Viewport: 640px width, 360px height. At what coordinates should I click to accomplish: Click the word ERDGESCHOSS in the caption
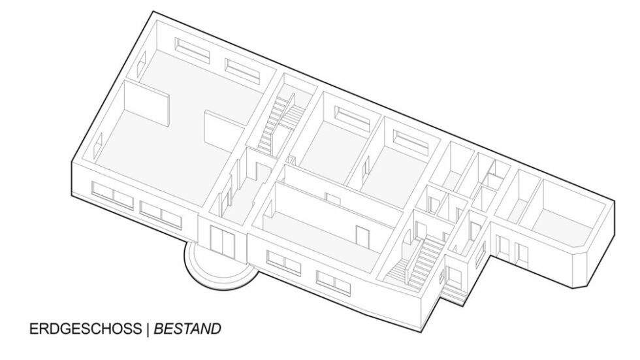(x=86, y=329)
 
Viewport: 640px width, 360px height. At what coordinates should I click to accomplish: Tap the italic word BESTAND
(x=187, y=329)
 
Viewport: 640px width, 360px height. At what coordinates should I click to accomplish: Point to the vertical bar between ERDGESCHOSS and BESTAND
(x=148, y=329)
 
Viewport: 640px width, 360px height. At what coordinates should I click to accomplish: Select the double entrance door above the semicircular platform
(x=223, y=241)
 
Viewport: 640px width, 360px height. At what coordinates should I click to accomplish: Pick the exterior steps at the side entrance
(x=453, y=293)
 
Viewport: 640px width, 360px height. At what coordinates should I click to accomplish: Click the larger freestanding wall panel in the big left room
(x=146, y=103)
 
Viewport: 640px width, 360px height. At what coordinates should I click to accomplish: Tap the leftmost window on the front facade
(x=112, y=196)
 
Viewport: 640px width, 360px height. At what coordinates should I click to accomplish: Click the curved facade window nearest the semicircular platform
(x=283, y=263)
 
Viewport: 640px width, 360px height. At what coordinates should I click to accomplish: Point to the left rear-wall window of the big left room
(x=192, y=50)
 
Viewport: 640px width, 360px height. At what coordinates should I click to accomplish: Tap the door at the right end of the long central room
(x=362, y=237)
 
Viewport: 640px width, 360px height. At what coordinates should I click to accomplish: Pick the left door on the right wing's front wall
(x=502, y=246)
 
